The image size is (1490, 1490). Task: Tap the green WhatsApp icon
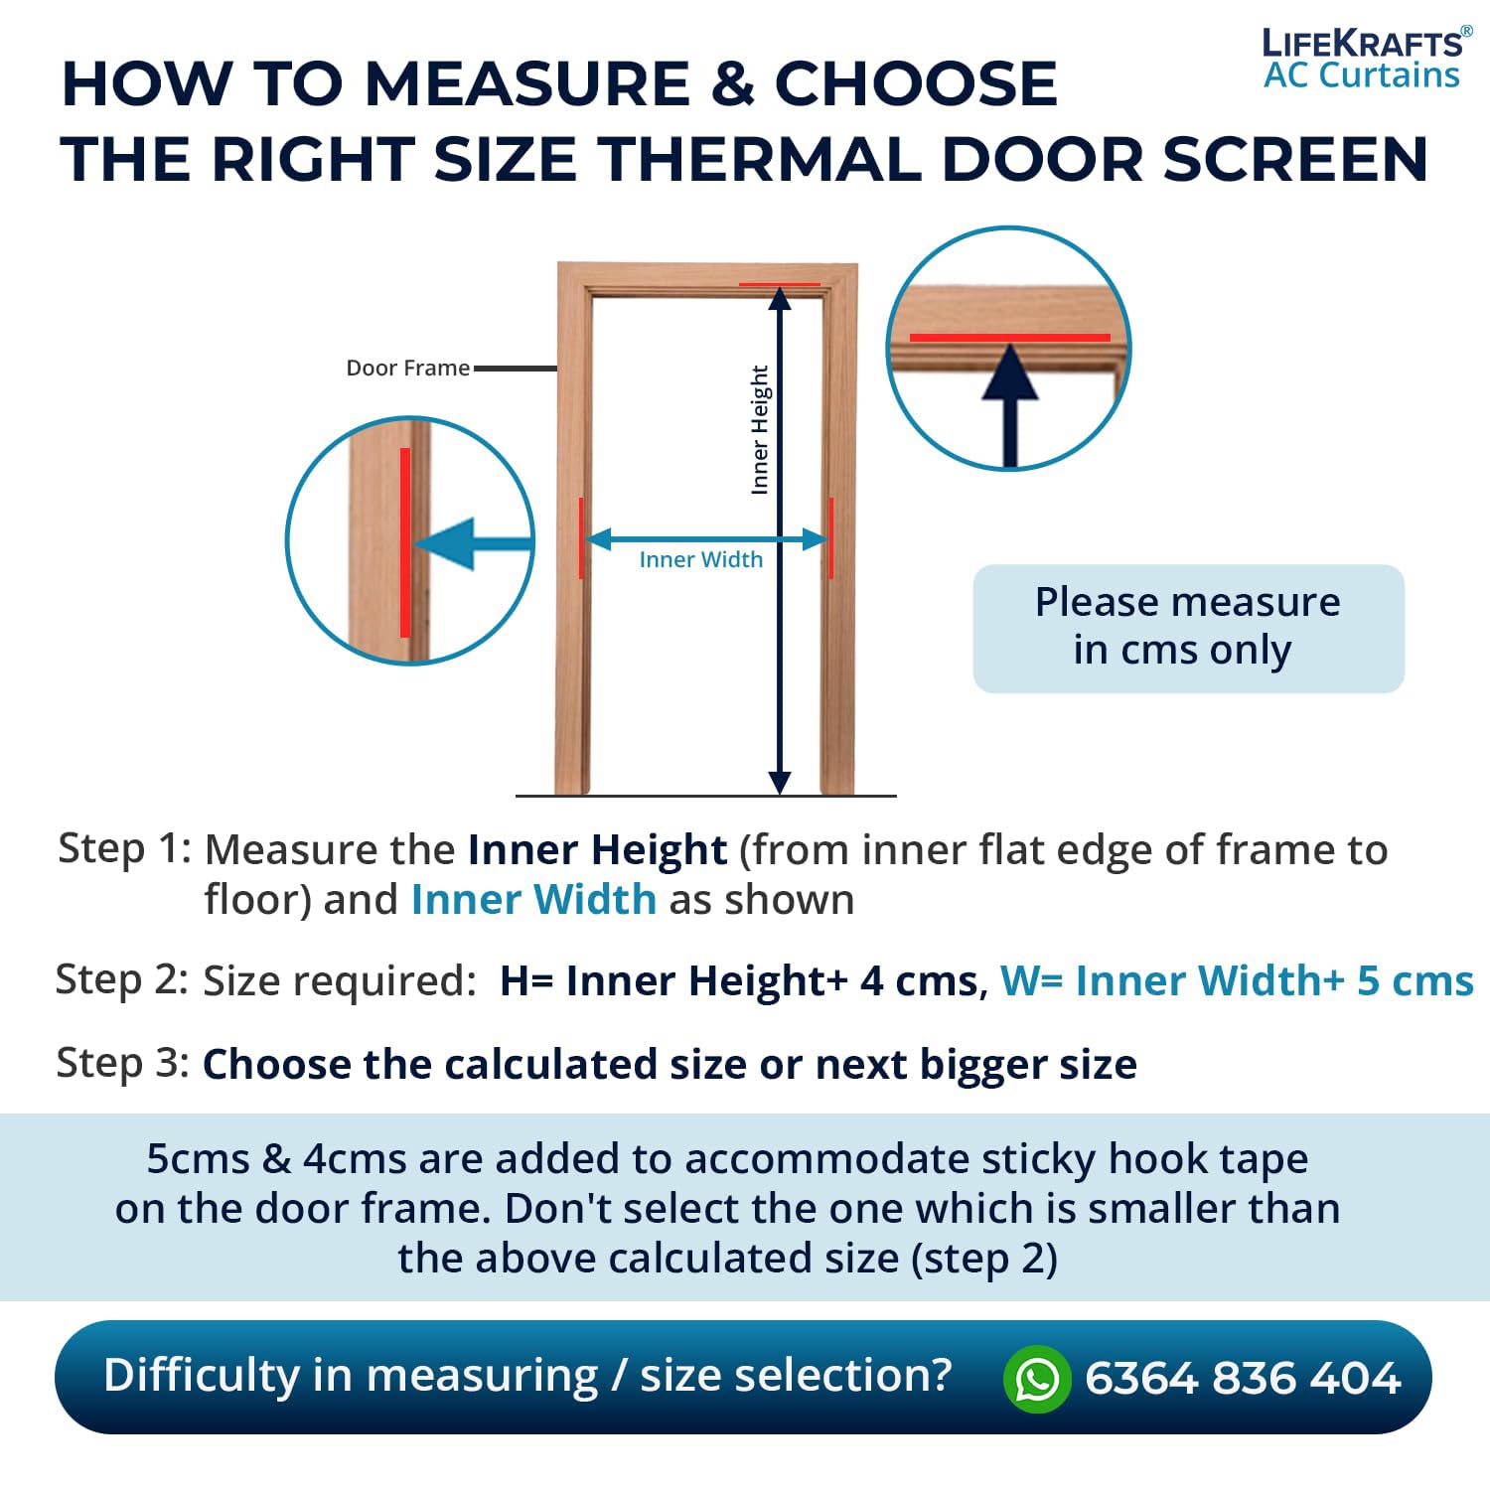[1037, 1378]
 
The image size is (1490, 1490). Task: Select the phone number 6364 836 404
[1243, 1378]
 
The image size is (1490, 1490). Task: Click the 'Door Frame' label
[407, 368]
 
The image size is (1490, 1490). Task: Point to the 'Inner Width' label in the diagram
[701, 559]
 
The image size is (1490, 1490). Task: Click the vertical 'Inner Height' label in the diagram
[760, 429]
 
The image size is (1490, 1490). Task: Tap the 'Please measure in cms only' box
[1188, 628]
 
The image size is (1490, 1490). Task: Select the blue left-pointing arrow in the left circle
[473, 543]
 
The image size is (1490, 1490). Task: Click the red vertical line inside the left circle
[405, 542]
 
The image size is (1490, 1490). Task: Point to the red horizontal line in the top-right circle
[1009, 338]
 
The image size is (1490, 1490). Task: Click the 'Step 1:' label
[124, 848]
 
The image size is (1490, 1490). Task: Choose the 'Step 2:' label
[122, 979]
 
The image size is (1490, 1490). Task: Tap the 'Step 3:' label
[123, 1063]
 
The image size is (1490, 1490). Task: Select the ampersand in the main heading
[733, 82]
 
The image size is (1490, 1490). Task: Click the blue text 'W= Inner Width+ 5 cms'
[1237, 980]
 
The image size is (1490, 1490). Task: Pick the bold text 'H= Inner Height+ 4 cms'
[740, 981]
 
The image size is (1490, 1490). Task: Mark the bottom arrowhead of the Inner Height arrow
[780, 783]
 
